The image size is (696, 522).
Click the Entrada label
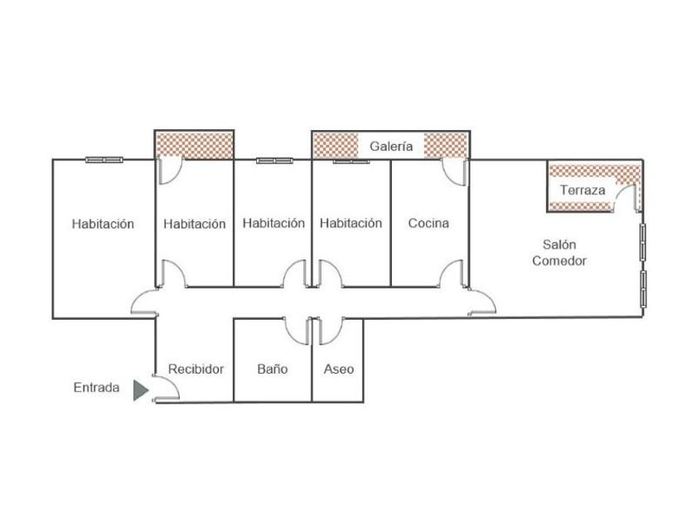point(96,387)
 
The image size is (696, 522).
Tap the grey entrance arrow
point(141,389)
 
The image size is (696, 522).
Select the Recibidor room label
point(196,369)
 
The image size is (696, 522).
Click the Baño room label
point(273,369)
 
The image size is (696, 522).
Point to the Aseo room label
point(338,369)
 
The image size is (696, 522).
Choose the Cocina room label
point(428,223)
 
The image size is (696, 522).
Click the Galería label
point(391,146)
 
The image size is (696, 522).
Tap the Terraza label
point(582,190)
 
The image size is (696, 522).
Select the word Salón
point(559,244)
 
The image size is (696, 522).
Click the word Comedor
point(559,260)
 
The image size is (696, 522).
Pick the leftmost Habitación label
point(103,223)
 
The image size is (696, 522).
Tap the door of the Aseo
point(327,330)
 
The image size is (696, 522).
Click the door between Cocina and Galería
point(453,172)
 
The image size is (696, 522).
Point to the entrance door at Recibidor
point(165,389)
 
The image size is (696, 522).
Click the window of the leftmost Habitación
point(105,159)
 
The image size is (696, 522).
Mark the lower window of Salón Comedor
point(643,286)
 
